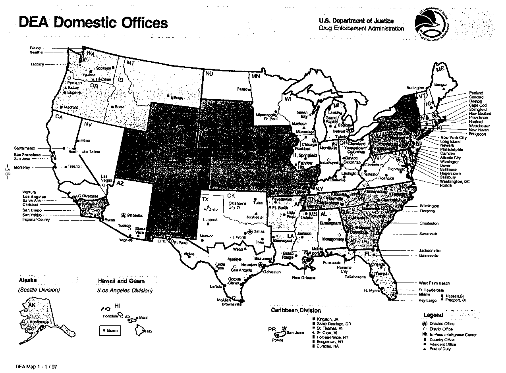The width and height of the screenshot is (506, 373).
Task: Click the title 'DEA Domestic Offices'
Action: pyautogui.click(x=93, y=23)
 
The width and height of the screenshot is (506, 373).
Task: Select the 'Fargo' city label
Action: pyautogui.click(x=242, y=89)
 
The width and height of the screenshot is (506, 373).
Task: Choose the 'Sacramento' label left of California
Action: pyautogui.click(x=25, y=148)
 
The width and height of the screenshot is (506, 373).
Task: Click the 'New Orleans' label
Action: pyautogui.click(x=303, y=277)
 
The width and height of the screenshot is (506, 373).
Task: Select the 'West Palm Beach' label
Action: pyautogui.click(x=434, y=283)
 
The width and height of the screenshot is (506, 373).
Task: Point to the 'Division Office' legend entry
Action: pyautogui.click(x=442, y=324)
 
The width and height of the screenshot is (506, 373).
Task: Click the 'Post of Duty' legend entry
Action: pyautogui.click(x=440, y=349)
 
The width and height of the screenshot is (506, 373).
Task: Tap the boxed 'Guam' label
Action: pyautogui.click(x=110, y=330)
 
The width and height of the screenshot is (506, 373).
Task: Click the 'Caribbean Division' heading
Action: pyautogui.click(x=296, y=310)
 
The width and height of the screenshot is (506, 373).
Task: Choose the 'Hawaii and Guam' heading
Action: pyautogui.click(x=121, y=281)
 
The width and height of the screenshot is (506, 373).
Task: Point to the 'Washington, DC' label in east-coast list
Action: pyautogui.click(x=455, y=181)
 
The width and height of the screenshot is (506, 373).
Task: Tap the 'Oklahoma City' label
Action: pyautogui.click(x=238, y=205)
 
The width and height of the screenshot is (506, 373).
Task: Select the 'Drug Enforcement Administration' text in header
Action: pyautogui.click(x=361, y=29)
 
